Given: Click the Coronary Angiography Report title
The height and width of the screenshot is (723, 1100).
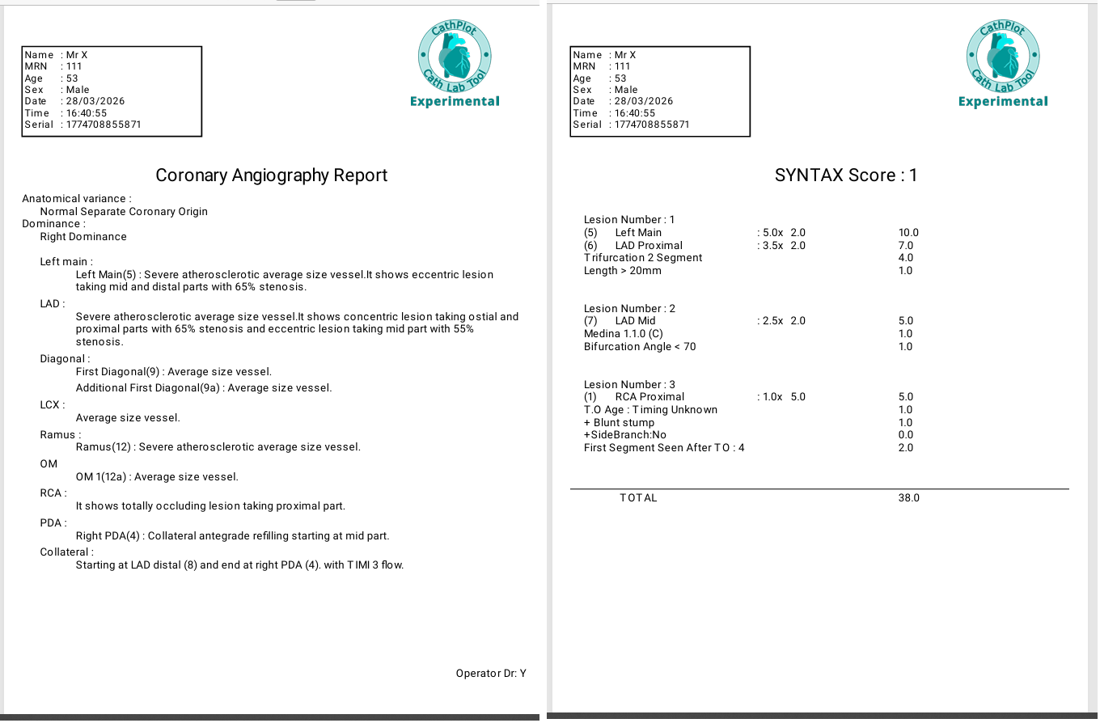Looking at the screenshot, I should (x=271, y=175).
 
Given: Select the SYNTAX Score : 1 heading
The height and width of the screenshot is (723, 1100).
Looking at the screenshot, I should (x=845, y=175).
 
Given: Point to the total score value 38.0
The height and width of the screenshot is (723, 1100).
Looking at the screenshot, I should (x=908, y=498).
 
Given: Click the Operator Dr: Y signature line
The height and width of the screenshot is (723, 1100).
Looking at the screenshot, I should (x=491, y=673).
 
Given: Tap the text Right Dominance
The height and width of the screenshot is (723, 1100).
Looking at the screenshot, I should (x=83, y=237).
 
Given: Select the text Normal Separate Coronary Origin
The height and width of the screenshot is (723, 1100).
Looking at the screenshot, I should (x=124, y=212).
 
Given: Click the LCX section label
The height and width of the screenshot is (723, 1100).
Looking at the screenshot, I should (x=53, y=404).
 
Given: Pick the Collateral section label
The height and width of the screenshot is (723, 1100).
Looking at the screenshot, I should (x=66, y=552).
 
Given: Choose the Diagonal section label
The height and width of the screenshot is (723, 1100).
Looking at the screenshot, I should (x=65, y=359).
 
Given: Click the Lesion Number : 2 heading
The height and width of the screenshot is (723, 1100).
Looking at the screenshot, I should (x=629, y=309).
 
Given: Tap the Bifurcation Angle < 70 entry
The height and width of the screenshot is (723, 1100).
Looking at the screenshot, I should (x=639, y=347).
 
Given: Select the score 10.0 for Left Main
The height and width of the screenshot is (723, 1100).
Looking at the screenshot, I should (x=908, y=233).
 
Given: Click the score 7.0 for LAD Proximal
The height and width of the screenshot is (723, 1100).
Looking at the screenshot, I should (x=906, y=246).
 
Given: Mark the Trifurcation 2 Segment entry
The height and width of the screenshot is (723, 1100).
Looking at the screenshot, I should (x=643, y=258).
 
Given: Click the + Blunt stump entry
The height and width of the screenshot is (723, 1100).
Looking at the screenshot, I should (x=619, y=423).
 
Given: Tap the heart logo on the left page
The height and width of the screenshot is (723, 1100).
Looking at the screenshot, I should (x=455, y=57).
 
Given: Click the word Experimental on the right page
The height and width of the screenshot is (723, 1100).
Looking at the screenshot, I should (x=1003, y=102).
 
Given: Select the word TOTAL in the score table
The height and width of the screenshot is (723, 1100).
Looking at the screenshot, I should (x=638, y=498).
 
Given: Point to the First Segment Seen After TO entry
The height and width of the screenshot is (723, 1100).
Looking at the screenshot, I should (x=664, y=448).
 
